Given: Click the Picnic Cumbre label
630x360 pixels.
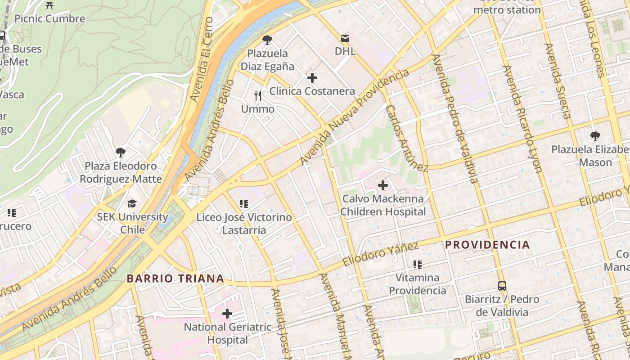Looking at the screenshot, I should click(49, 18).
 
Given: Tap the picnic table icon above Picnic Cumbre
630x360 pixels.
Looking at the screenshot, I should click(49, 5).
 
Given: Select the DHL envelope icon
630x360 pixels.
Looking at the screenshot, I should click(345, 38).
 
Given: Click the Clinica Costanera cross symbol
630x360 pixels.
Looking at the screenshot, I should click(312, 78).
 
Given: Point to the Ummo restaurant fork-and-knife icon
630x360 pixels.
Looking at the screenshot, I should click(258, 96).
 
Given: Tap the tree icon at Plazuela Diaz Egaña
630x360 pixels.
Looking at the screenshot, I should click(267, 40).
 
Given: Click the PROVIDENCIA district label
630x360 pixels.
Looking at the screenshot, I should click(487, 245).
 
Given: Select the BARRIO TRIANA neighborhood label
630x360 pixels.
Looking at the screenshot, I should click(175, 279).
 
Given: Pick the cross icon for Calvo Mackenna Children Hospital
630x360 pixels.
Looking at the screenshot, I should click(383, 185).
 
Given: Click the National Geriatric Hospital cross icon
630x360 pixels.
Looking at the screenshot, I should click(227, 313).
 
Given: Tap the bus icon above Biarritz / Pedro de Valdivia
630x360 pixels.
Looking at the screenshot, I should click(502, 286).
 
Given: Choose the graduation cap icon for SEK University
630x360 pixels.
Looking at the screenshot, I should click(132, 204).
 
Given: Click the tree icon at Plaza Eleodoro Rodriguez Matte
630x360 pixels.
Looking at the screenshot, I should click(120, 153).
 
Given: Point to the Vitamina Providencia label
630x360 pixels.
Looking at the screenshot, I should click(417, 284).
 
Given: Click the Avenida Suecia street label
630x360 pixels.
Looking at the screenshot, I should click(558, 81).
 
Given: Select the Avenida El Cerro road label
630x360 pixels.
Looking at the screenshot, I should click(201, 59).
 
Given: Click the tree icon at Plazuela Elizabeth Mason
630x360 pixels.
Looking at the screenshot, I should click(595, 136).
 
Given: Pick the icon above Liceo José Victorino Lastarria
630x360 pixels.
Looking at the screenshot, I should click(244, 204).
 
